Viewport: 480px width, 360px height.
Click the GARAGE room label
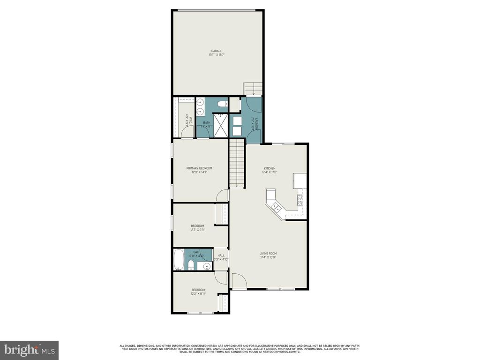pyautogui.click(x=216, y=51)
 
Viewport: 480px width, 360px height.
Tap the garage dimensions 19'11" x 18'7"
pyautogui.click(x=216, y=55)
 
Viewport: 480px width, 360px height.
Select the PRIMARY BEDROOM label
pyautogui.click(x=199, y=168)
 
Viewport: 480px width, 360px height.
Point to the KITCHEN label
pyautogui.click(x=270, y=168)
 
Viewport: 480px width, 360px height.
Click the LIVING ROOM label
pyautogui.click(x=268, y=254)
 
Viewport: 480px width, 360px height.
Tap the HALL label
pyautogui.click(x=221, y=255)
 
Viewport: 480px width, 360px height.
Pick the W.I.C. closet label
pyautogui.click(x=187, y=120)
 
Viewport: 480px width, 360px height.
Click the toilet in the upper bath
pyautogui.click(x=222, y=104)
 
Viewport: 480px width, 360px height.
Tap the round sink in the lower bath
pyautogui.click(x=206, y=267)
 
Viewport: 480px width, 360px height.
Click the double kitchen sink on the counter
pyautogui.click(x=275, y=207)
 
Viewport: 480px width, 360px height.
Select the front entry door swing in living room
pyautogui.click(x=238, y=281)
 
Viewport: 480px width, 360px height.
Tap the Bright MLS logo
pyautogui.click(x=29, y=350)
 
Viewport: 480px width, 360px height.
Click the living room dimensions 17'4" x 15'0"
pyautogui.click(x=268, y=258)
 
